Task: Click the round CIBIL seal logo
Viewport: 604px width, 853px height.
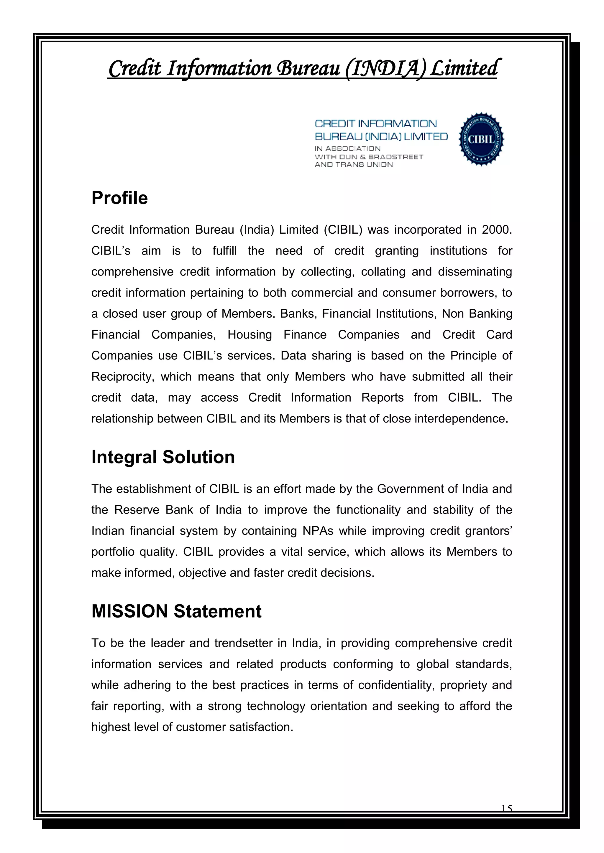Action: [481, 139]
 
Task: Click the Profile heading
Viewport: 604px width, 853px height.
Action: [119, 198]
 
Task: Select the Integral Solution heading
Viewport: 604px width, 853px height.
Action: [163, 457]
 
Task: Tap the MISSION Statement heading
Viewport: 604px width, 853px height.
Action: [176, 611]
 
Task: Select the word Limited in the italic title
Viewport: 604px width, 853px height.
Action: [463, 69]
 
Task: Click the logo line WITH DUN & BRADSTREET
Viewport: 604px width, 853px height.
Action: [369, 157]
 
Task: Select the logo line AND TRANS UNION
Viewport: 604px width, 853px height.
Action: [353, 165]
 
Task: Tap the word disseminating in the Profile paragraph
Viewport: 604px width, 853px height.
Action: [475, 272]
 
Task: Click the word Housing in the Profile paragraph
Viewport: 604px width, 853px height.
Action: [250, 335]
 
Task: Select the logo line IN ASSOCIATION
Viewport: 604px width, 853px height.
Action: [347, 149]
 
